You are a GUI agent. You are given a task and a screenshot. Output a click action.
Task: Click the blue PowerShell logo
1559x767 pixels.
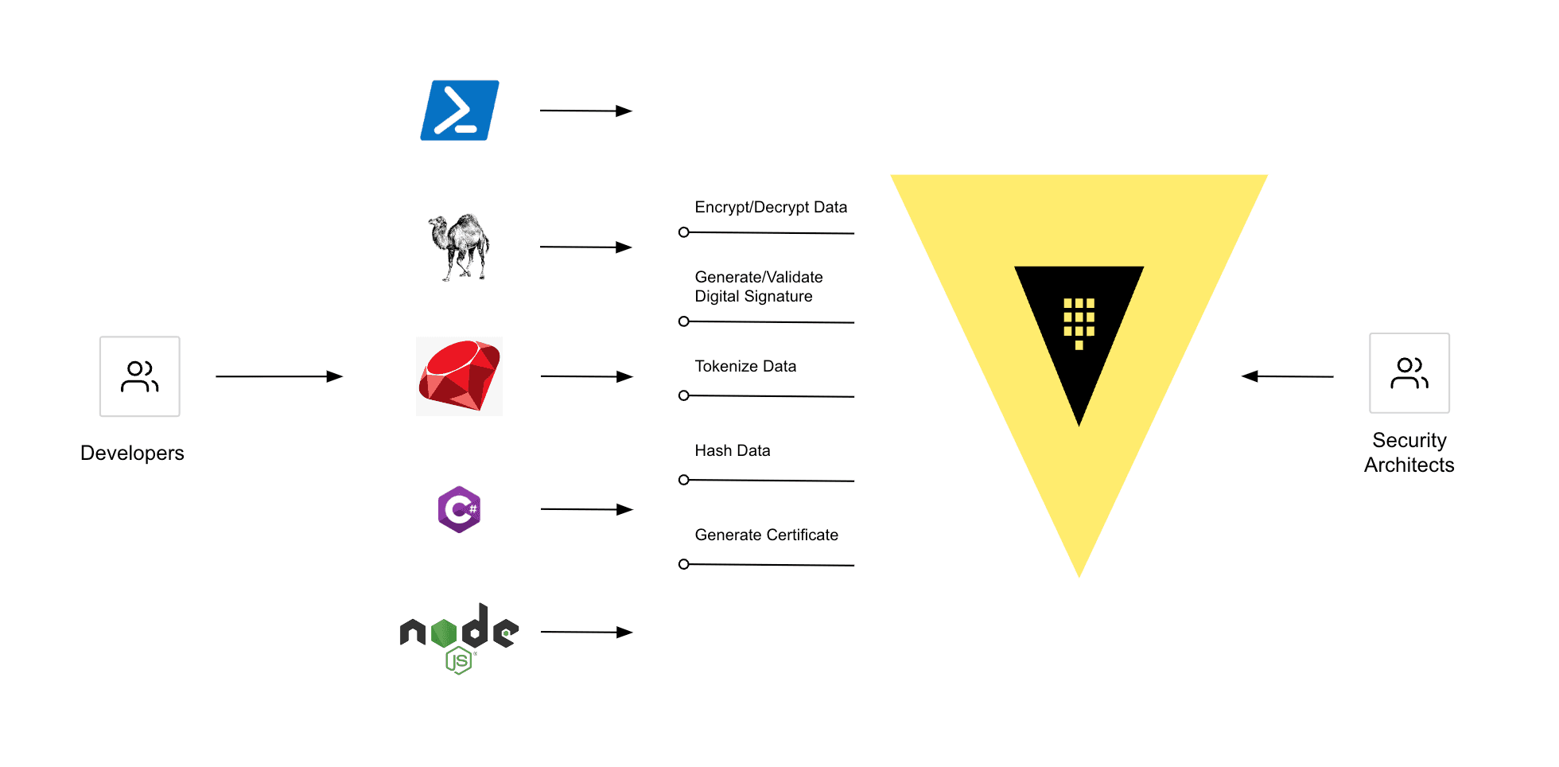click(x=459, y=111)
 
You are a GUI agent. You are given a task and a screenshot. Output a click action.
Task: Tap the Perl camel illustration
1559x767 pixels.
click(x=459, y=247)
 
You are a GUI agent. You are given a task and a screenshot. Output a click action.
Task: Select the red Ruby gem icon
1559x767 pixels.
click(x=459, y=376)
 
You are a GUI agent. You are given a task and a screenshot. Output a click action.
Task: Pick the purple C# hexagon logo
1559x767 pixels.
click(x=459, y=509)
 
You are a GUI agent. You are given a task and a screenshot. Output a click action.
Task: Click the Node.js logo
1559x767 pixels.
click(x=459, y=637)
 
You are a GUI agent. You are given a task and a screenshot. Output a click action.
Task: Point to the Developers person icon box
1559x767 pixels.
click(x=140, y=376)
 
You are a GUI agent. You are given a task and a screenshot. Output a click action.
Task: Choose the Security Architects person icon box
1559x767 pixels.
click(x=1409, y=373)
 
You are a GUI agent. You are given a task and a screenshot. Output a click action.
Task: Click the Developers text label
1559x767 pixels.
click(x=132, y=453)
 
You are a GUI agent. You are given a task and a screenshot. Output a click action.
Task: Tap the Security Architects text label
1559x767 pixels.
click(x=1409, y=453)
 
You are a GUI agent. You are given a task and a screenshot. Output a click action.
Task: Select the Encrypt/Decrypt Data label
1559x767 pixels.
click(x=770, y=208)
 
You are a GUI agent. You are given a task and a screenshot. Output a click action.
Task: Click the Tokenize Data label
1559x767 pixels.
click(x=745, y=366)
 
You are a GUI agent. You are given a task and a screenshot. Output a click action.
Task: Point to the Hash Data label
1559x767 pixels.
click(x=732, y=450)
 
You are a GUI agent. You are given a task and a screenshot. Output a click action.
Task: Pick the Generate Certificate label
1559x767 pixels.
click(x=766, y=535)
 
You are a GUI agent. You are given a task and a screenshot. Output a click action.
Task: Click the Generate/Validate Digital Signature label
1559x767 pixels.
click(x=758, y=286)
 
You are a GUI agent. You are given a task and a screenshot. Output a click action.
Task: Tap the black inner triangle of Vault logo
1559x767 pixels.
click(x=1079, y=326)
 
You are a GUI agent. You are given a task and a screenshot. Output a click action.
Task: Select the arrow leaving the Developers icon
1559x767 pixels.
click(x=278, y=376)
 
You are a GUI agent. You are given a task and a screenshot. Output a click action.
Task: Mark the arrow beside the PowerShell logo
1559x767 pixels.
click(x=585, y=111)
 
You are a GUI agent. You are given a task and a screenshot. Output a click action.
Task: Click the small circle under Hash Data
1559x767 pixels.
click(x=683, y=480)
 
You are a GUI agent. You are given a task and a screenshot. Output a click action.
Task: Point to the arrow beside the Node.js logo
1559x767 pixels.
click(x=586, y=632)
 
